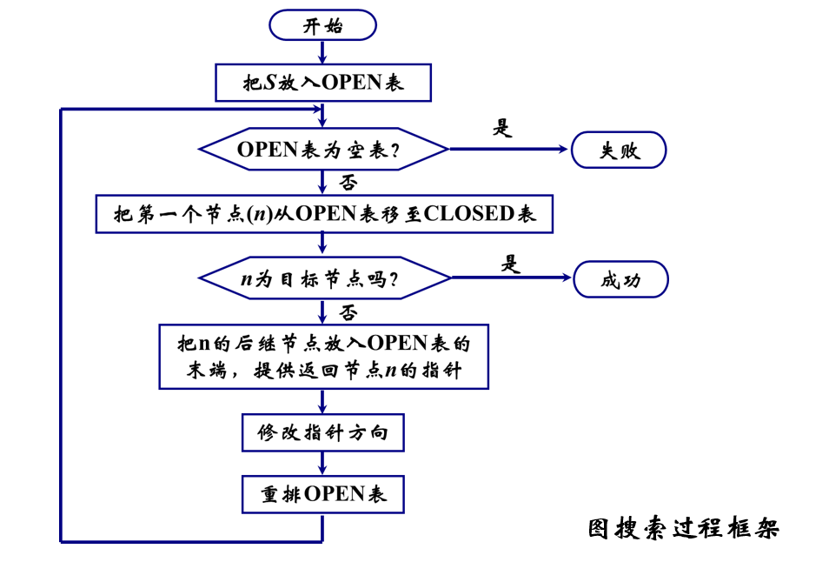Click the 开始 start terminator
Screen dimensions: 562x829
(322, 25)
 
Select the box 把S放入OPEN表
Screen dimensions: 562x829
(322, 84)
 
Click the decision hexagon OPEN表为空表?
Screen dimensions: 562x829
(323, 150)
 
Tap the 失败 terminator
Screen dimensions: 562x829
(619, 150)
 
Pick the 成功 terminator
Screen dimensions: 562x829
(620, 280)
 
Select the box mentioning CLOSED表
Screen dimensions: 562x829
(323, 214)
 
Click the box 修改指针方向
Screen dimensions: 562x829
(322, 432)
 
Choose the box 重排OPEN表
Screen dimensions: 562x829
(322, 494)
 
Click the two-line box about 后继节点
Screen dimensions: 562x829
(323, 357)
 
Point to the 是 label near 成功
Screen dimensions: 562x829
(511, 263)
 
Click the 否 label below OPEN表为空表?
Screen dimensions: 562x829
(348, 182)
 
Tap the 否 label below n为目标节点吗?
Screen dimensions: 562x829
(348, 311)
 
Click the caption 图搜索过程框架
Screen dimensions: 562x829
(683, 528)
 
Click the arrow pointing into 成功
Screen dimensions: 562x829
(513, 278)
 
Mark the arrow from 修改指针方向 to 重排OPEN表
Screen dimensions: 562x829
(322, 463)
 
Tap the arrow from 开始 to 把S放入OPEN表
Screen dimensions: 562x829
(322, 52)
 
